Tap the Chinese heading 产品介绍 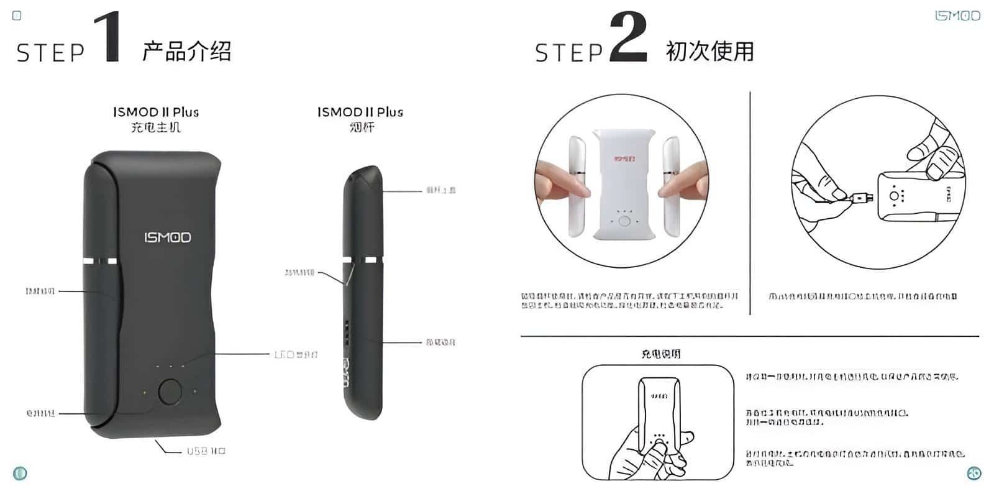pyautogui.click(x=186, y=51)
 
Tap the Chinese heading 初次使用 pyautogui.click(x=709, y=51)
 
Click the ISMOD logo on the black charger pyautogui.click(x=168, y=237)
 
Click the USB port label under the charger pyautogui.click(x=206, y=451)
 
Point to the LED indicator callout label pyautogui.click(x=296, y=354)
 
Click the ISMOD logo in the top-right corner pyautogui.click(x=957, y=16)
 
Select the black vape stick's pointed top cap pyautogui.click(x=365, y=177)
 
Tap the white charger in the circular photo pyautogui.click(x=624, y=186)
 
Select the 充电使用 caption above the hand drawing pyautogui.click(x=661, y=354)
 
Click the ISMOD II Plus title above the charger pyautogui.click(x=156, y=112)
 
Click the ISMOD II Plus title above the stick pyautogui.click(x=360, y=112)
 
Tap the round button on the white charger pyautogui.click(x=625, y=221)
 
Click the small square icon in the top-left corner pyautogui.click(x=17, y=16)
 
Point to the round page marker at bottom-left pyautogui.click(x=20, y=473)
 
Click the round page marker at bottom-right pyautogui.click(x=974, y=472)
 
